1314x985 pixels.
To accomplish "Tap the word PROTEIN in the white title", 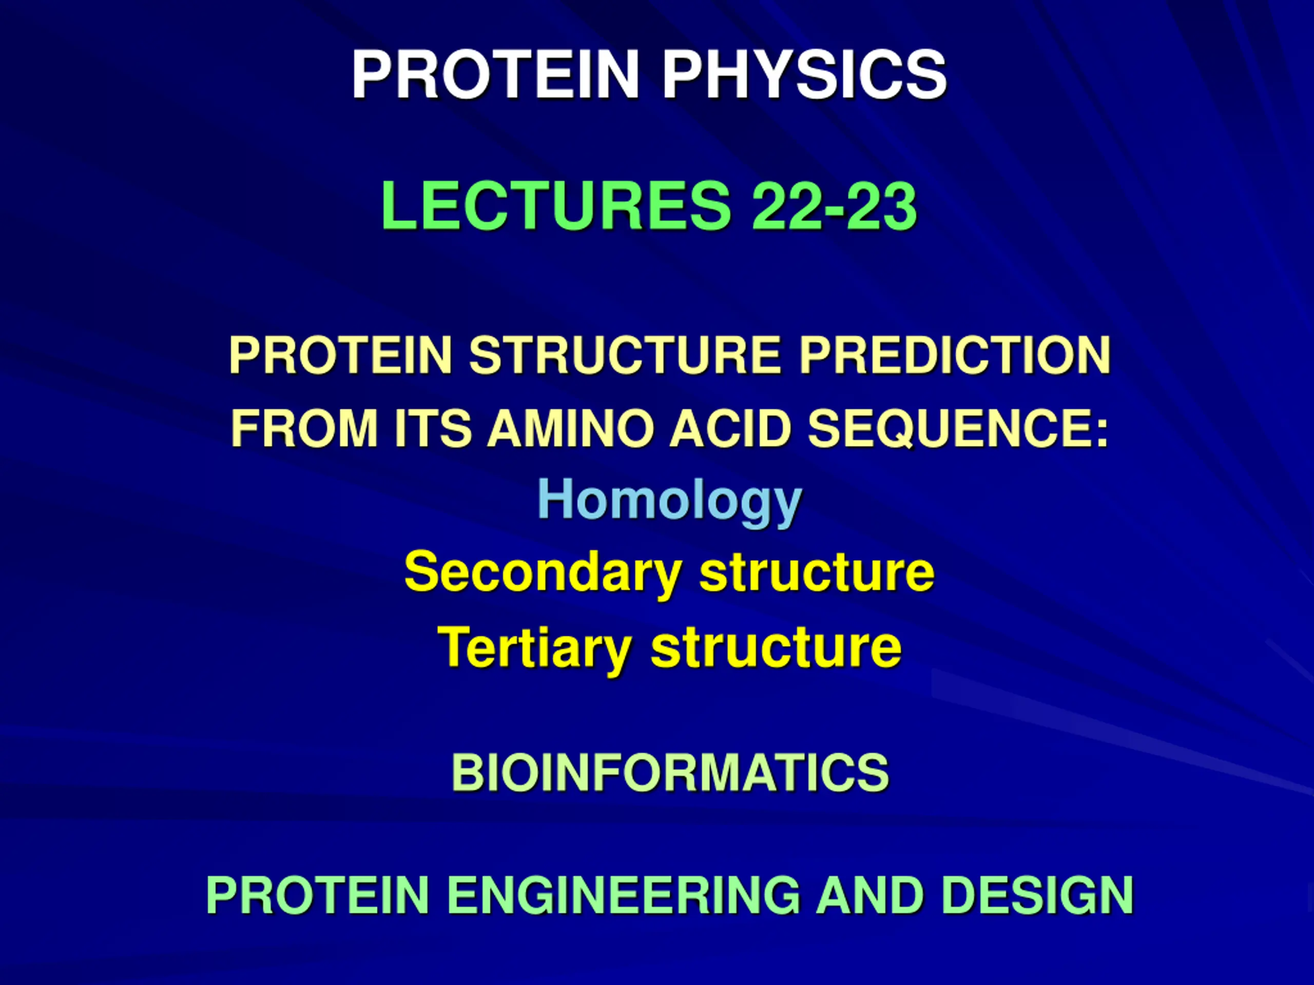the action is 495,74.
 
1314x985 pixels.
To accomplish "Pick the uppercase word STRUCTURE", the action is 624,355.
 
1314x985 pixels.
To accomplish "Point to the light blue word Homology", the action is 669,502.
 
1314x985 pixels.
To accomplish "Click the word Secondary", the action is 543,574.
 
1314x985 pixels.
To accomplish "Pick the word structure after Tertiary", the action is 776,648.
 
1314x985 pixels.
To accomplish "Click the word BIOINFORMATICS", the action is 670,773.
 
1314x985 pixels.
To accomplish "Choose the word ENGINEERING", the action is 623,895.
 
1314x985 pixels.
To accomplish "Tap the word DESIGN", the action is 1038,895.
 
